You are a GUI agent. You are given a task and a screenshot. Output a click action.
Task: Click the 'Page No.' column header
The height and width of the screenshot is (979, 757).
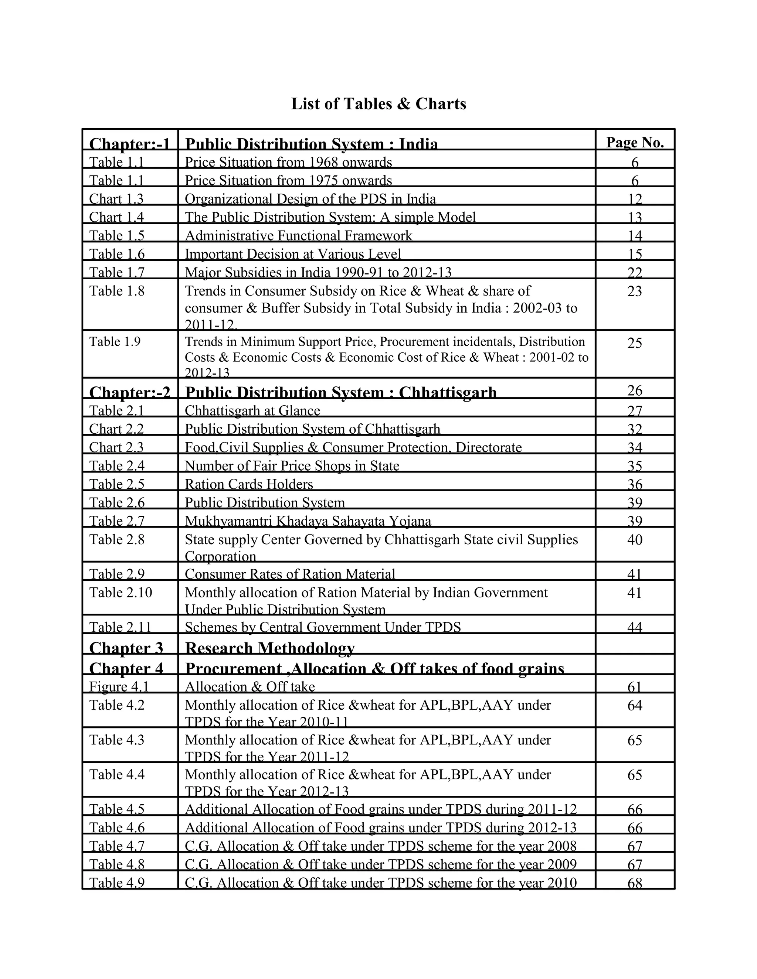tap(635, 142)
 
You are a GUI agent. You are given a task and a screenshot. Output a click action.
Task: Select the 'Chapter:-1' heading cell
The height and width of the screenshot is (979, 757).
tap(130, 143)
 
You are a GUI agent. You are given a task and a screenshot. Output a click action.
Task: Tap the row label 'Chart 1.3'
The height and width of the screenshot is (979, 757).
tap(116, 199)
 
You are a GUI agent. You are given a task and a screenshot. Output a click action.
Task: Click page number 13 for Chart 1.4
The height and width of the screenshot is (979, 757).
tap(635, 217)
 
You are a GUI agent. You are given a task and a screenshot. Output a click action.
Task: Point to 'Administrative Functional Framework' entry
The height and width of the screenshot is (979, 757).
tap(298, 235)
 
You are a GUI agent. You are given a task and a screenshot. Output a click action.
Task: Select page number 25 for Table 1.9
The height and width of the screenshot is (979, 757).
tap(635, 343)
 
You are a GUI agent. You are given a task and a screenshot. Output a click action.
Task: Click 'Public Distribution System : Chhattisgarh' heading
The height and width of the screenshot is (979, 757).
tap(341, 392)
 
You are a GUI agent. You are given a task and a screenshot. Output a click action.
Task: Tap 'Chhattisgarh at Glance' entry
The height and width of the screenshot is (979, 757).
tap(252, 410)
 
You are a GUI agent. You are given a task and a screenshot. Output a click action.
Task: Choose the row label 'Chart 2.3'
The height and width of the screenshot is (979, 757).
tap(116, 447)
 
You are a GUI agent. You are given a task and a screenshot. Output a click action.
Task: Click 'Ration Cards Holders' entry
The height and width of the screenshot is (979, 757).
tap(249, 484)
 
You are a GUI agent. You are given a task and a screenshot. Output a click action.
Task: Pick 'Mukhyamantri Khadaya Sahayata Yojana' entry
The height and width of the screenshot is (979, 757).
tap(308, 521)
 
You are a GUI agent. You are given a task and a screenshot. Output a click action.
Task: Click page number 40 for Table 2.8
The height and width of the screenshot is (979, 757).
tap(635, 540)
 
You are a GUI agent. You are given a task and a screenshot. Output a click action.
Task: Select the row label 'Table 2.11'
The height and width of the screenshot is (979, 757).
tap(120, 627)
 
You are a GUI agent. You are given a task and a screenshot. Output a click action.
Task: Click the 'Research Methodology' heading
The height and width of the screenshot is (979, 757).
tap(269, 648)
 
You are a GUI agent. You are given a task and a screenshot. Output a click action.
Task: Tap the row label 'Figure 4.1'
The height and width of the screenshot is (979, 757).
tap(119, 686)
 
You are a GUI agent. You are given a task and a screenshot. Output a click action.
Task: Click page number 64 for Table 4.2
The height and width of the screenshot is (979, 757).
tap(635, 706)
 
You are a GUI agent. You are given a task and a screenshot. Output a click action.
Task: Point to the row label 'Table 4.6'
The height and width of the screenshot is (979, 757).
tap(116, 827)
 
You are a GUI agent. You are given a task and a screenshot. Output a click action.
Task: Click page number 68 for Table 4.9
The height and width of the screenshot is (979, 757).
tap(635, 883)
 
